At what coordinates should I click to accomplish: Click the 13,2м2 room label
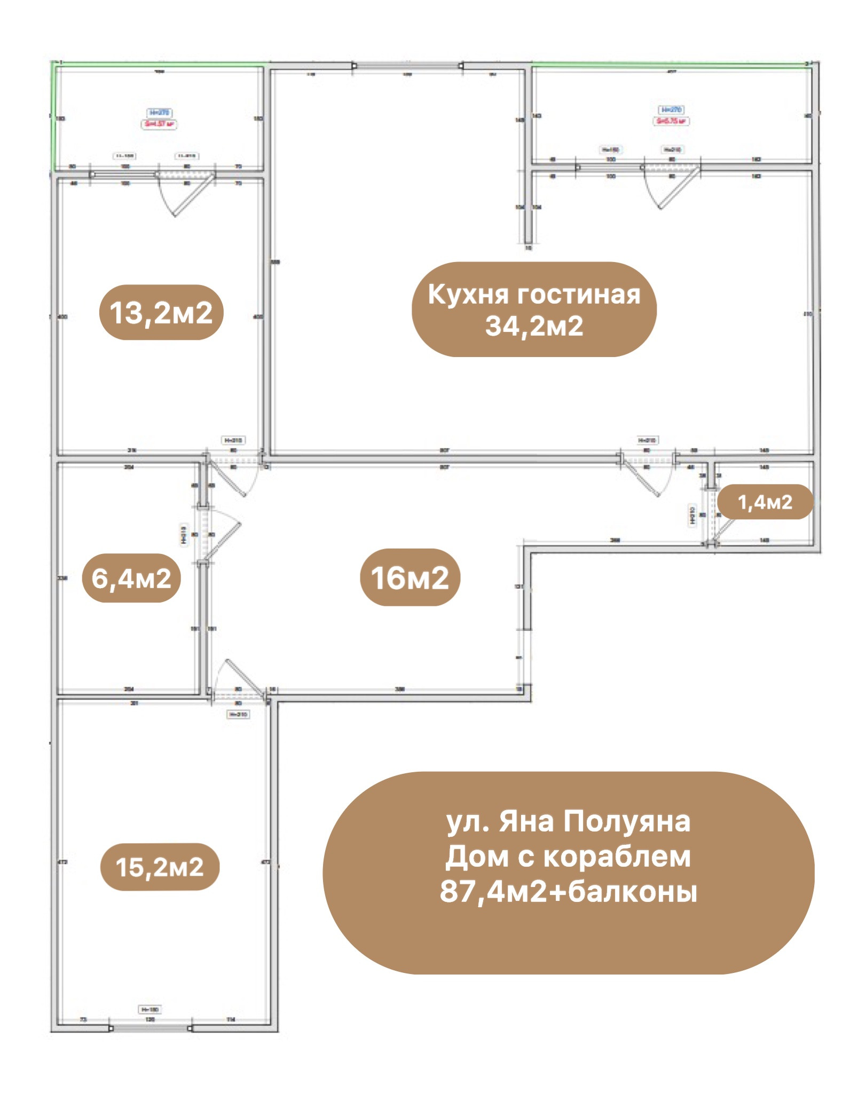click(161, 313)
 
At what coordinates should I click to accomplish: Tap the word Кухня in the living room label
click(468, 294)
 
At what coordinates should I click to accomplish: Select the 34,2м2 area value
click(534, 326)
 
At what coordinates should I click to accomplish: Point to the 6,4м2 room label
click(131, 578)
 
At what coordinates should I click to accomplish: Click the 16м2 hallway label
click(410, 577)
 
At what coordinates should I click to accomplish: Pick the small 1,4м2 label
click(765, 502)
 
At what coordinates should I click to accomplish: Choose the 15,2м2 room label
click(160, 867)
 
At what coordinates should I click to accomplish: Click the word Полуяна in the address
click(627, 821)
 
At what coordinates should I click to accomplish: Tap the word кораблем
click(617, 857)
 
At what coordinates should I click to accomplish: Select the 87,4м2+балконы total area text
click(568, 891)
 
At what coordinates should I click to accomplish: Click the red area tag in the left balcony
click(160, 124)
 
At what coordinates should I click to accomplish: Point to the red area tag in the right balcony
click(671, 121)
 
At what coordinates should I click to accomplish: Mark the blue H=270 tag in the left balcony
click(160, 113)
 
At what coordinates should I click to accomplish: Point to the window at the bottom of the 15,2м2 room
click(150, 1027)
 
